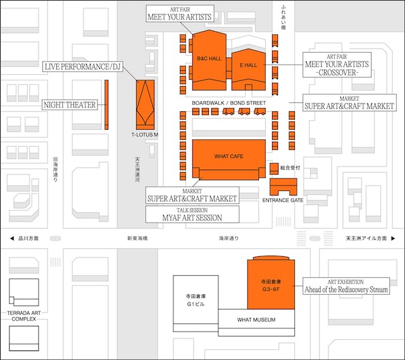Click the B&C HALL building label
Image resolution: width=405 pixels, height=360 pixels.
[209, 59]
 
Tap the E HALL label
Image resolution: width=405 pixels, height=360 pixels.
[249, 65]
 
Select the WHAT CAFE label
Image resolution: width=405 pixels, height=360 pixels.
[228, 156]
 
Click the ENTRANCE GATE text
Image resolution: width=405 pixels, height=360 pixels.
[283, 200]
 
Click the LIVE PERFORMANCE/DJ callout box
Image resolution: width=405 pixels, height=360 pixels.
[83, 66]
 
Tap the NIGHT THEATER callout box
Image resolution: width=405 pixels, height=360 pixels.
[70, 105]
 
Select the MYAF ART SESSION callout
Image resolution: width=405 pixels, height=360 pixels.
[192, 214]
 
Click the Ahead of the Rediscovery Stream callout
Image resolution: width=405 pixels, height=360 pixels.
[346, 286]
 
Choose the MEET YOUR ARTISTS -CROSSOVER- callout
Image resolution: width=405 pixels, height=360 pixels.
[337, 65]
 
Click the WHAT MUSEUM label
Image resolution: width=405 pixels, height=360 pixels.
[256, 320]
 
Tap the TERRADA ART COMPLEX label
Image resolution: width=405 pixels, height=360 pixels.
[24, 316]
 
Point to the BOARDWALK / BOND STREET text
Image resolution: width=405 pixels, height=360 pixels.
[229, 103]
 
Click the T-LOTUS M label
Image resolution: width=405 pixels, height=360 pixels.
[145, 135]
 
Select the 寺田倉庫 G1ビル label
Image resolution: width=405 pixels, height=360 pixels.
[196, 300]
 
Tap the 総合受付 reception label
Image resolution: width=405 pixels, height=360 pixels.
[290, 168]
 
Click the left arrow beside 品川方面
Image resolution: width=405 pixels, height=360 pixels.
[12, 239]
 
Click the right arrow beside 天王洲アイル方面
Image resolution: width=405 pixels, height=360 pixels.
[393, 239]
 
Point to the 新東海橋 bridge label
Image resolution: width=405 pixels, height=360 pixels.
[137, 239]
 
